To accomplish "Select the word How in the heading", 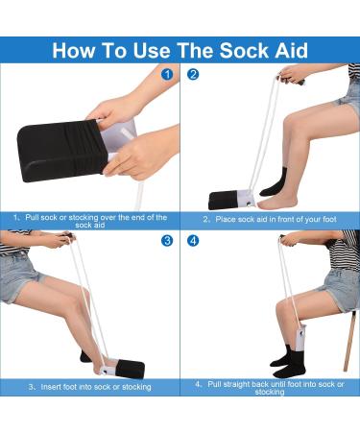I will click(75, 50).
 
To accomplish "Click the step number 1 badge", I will click(168, 74).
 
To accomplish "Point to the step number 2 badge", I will click(193, 74).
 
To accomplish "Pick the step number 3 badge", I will click(168, 240).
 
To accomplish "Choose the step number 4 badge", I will click(193, 240).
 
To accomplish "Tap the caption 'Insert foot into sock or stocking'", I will click(89, 386).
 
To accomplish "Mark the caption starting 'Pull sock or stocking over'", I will click(89, 221).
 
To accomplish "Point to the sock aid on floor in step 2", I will click(233, 201).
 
